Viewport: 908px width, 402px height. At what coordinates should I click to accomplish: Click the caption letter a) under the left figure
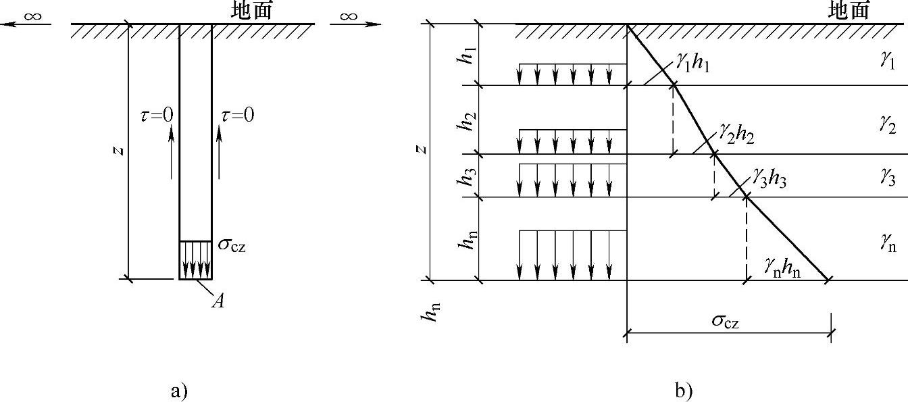[178, 390]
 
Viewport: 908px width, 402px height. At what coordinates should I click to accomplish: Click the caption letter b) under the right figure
[683, 390]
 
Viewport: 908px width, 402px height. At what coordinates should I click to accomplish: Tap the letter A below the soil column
[218, 301]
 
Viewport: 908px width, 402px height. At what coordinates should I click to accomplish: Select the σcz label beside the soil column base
[232, 245]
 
